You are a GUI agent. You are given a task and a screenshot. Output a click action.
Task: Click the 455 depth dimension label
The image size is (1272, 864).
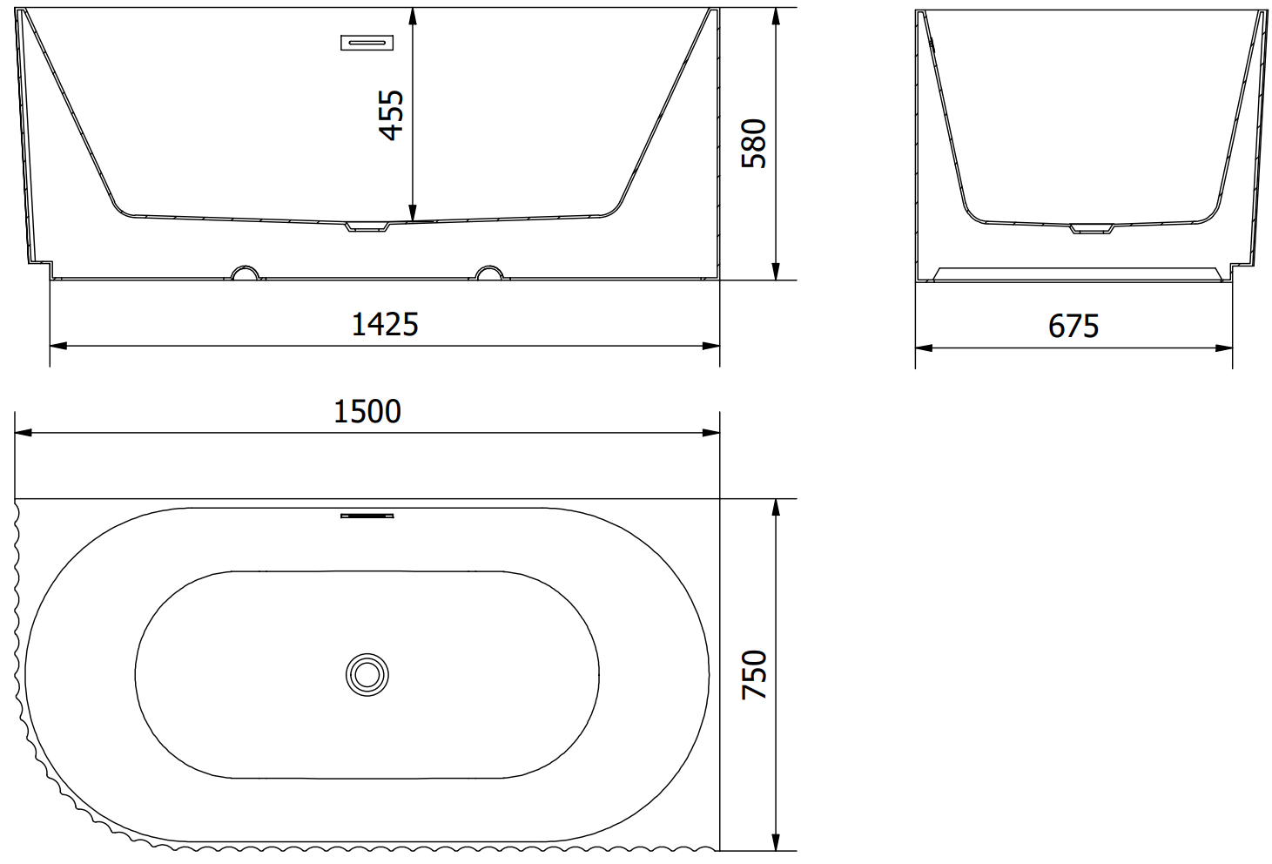(x=391, y=115)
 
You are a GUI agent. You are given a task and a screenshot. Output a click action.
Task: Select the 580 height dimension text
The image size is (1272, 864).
(x=754, y=143)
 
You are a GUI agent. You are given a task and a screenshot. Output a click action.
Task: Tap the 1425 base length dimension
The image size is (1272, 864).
(x=385, y=324)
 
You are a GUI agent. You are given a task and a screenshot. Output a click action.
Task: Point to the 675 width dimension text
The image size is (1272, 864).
(x=1073, y=326)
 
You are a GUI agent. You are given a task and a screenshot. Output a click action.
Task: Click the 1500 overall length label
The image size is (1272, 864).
(x=367, y=411)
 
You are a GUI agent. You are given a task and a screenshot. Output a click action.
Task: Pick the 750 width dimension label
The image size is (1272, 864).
(x=754, y=674)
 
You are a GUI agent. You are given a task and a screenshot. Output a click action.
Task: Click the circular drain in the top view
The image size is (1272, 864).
(x=367, y=674)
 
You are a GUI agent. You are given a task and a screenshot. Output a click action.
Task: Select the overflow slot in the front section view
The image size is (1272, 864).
(x=367, y=43)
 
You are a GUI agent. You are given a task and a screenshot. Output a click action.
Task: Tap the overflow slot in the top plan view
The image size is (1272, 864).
(x=367, y=516)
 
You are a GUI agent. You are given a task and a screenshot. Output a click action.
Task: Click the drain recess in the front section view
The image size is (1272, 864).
(x=367, y=226)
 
